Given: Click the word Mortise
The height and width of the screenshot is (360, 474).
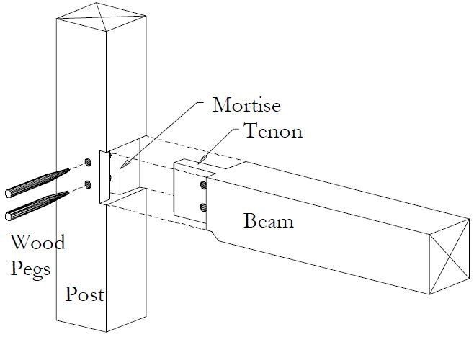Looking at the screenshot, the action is tap(246, 105).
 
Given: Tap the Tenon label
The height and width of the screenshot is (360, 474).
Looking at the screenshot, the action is tap(273, 131).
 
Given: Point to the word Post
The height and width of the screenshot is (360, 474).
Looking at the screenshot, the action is tap(85, 294).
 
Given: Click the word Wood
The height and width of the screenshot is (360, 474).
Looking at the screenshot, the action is tap(38, 242).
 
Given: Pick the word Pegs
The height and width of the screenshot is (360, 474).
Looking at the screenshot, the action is tap(30, 269).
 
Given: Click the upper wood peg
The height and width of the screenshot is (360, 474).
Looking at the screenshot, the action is tap(37, 183).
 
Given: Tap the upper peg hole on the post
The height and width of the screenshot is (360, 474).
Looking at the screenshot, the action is tap(88, 162).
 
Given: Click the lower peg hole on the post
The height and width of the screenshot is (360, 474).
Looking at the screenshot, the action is tap(88, 184).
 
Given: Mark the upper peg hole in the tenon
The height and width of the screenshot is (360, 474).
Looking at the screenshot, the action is tap(203, 185).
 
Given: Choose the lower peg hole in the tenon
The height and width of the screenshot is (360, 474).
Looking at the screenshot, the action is tap(203, 207).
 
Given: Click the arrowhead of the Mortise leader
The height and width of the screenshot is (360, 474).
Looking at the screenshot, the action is tap(125, 164).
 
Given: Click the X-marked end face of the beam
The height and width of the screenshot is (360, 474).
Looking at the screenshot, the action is tap(450, 256).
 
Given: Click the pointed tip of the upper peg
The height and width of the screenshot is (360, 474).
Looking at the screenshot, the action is tap(70, 170).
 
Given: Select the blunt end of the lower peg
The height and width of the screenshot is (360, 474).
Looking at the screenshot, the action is tap(8, 216).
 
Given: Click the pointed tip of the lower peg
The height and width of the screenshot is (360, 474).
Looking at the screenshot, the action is tap(69, 192).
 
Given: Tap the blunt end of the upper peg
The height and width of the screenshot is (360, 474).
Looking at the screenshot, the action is tap(8, 194).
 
